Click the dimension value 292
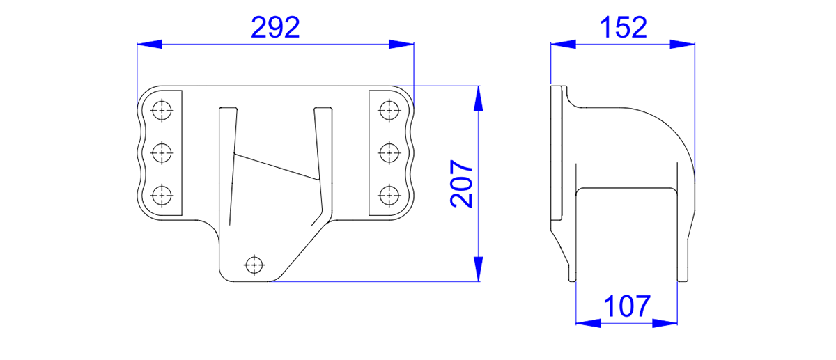[x=275, y=27]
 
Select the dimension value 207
[x=462, y=184]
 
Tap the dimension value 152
[x=624, y=27]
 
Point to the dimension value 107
[x=627, y=306]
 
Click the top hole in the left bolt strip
[x=162, y=111]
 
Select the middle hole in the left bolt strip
[x=162, y=153]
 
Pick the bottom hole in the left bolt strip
[x=162, y=196]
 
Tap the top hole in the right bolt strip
[x=389, y=111]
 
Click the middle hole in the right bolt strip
[x=389, y=153]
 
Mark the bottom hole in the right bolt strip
[x=389, y=196]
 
